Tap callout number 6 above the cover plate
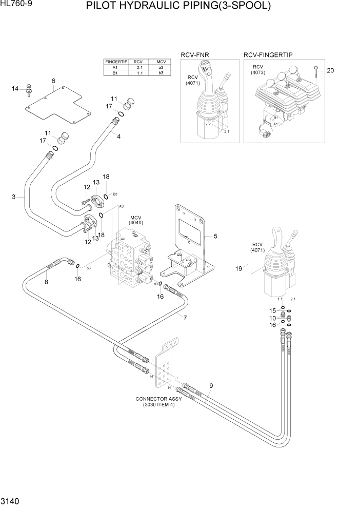click(53, 81)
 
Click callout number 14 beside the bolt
click(15, 89)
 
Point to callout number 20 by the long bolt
click(330, 70)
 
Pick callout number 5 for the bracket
click(215, 237)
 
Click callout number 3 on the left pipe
click(14, 197)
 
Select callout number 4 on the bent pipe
click(118, 136)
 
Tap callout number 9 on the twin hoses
click(211, 385)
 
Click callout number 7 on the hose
click(185, 318)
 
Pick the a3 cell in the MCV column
click(161, 67)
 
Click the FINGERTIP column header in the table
click(115, 61)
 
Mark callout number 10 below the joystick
click(273, 318)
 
